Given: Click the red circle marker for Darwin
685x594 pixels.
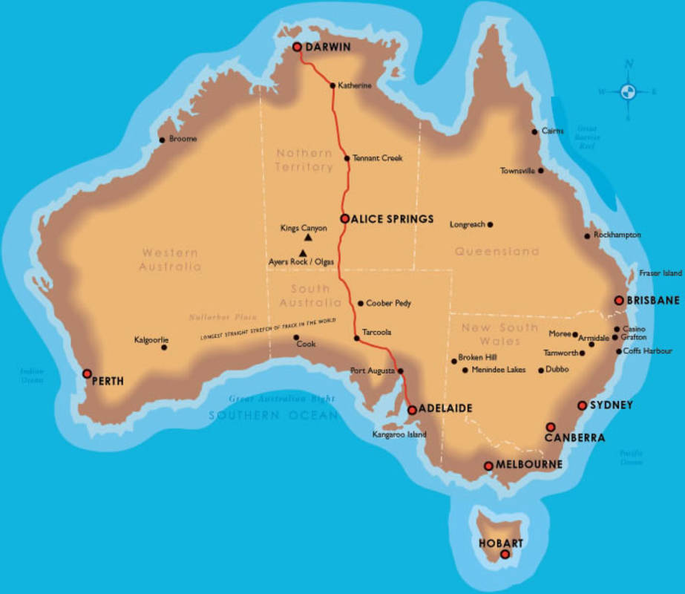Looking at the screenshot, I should pyautogui.click(x=297, y=47).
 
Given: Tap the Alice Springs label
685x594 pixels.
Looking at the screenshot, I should pyautogui.click(x=393, y=219).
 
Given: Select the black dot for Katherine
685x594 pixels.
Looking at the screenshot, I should pyautogui.click(x=332, y=85).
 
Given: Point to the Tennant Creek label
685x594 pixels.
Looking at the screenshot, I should pyautogui.click(x=377, y=158).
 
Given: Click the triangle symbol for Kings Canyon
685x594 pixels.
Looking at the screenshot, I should pyautogui.click(x=307, y=238).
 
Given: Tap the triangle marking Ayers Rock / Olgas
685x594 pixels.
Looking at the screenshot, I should pyautogui.click(x=302, y=252).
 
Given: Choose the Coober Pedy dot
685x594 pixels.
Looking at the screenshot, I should pyautogui.click(x=361, y=303).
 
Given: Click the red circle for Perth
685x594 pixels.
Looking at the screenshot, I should pyautogui.click(x=87, y=373).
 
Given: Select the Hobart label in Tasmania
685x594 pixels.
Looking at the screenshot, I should pyautogui.click(x=501, y=544).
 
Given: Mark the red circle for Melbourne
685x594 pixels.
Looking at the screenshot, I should pyautogui.click(x=488, y=466).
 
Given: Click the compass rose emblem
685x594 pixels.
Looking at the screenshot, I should pyautogui.click(x=628, y=92).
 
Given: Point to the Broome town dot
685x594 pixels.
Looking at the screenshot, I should pyautogui.click(x=163, y=140).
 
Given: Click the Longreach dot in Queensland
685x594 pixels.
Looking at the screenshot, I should pyautogui.click(x=490, y=224).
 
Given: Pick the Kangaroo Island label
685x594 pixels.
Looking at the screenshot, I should pyautogui.click(x=399, y=435).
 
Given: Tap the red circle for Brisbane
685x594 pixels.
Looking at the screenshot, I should pyautogui.click(x=618, y=301).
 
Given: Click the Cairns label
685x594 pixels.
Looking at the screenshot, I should pyautogui.click(x=552, y=131).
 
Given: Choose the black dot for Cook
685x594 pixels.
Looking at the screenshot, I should pyautogui.click(x=296, y=337).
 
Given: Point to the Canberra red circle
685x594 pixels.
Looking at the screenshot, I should pyautogui.click(x=550, y=427).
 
